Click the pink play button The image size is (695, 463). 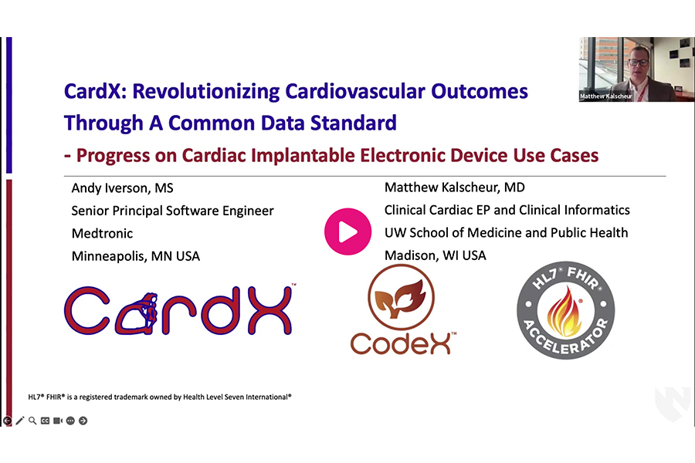coord(347,231)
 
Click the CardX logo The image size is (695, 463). coord(178,311)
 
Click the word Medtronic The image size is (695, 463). coord(102,233)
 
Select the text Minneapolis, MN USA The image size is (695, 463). coord(135,256)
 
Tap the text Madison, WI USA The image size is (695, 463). coord(435,255)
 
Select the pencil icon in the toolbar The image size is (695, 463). coord(20,421)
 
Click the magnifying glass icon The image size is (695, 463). coord(32,421)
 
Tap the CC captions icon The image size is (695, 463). coord(45,421)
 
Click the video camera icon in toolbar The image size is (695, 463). coord(57,421)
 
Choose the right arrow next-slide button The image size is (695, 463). coord(83,421)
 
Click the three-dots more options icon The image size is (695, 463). coord(70,421)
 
